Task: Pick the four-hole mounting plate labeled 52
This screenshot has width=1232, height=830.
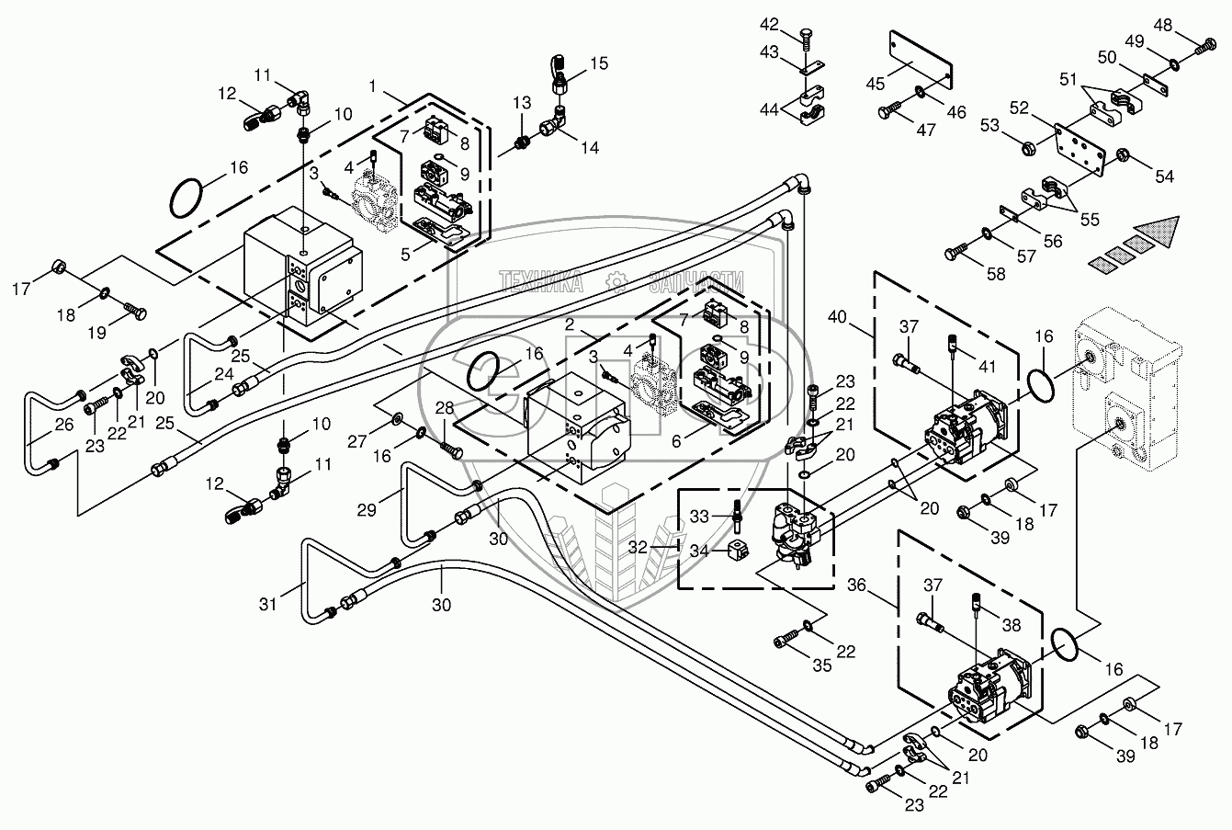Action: pyautogui.click(x=1080, y=143)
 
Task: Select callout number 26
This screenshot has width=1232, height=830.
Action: pyautogui.click(x=38, y=425)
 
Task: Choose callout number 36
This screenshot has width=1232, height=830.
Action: pyautogui.click(x=857, y=584)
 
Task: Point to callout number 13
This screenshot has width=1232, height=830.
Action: pyautogui.click(x=523, y=101)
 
